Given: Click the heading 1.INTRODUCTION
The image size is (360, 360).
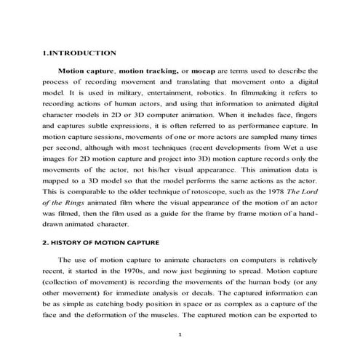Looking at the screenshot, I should tap(79, 53).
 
